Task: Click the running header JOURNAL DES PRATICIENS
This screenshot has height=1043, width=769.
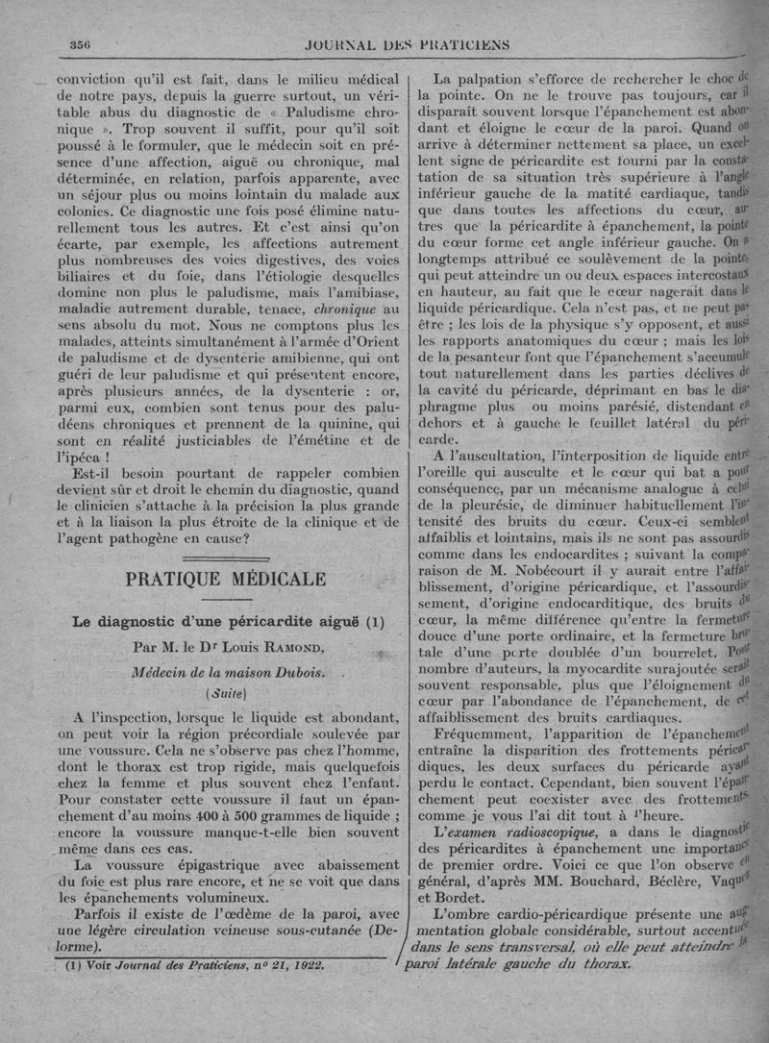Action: (406, 44)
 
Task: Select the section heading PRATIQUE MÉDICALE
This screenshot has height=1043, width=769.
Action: (226, 579)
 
